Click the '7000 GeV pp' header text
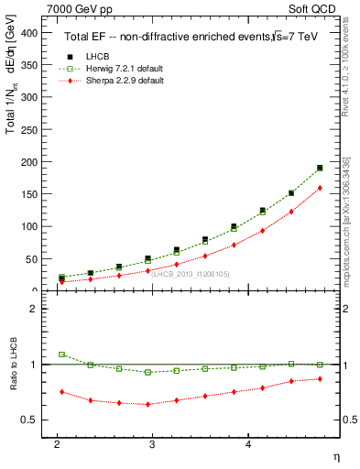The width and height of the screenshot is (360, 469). tap(75, 7)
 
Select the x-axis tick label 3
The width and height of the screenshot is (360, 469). tap(152, 443)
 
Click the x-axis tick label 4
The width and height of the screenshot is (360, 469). tap(248, 443)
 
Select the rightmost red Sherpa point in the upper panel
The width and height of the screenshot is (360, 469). tap(320, 188)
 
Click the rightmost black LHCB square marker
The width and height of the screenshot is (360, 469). tap(320, 168)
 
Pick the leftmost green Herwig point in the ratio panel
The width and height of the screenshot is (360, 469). tap(61, 354)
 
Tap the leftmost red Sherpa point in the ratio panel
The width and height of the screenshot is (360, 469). tap(61, 392)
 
